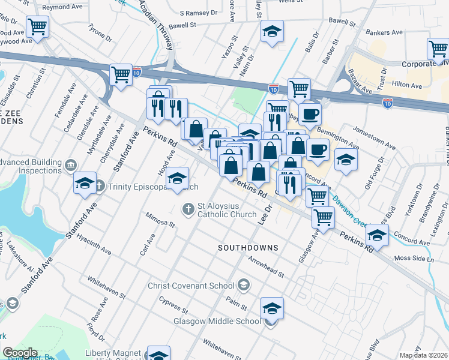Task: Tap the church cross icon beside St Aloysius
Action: pos(188,209)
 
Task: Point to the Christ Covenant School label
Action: pos(193,284)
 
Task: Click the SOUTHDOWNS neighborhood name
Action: pos(248,247)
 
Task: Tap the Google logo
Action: pos(20,353)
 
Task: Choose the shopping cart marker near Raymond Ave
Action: pos(37,26)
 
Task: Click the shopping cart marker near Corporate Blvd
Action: pos(438,49)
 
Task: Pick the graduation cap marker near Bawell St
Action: pos(272,31)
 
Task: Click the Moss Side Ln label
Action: pos(413,258)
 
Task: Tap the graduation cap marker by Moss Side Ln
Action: pos(376,235)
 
